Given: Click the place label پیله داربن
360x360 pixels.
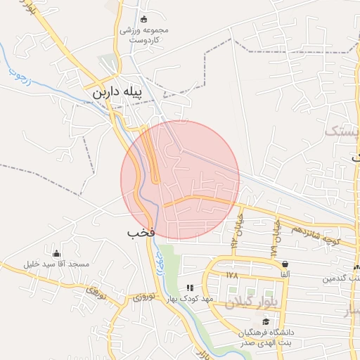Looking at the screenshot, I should (x=117, y=93).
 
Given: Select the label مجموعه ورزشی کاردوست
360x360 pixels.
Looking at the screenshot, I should (x=145, y=36).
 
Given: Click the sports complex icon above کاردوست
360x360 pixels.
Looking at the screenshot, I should (x=145, y=19).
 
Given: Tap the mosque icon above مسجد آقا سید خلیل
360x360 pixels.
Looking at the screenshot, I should (x=57, y=253).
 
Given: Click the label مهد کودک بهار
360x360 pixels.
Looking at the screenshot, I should (x=189, y=299).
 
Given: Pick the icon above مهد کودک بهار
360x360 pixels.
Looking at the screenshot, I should (x=189, y=288).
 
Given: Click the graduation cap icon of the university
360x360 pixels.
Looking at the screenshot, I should (x=266, y=321).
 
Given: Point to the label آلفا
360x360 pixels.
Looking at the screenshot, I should (x=285, y=275).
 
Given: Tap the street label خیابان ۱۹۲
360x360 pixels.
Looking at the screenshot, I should (x=238, y=224).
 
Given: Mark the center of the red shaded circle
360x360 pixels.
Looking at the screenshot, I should (x=180, y=180).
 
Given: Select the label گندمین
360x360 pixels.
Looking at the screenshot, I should (x=342, y=279).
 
